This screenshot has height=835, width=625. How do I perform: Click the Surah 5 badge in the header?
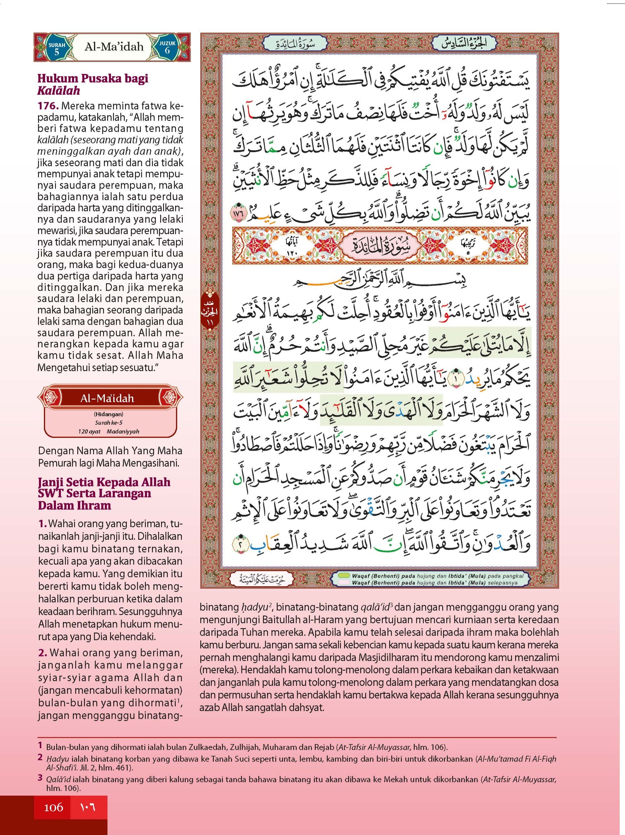(x=57, y=48)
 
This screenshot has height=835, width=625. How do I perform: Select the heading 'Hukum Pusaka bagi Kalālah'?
(x=93, y=84)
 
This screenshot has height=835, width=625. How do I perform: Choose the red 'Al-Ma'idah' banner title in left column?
(x=107, y=398)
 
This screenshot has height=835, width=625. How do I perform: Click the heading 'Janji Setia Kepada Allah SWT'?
(x=104, y=487)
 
